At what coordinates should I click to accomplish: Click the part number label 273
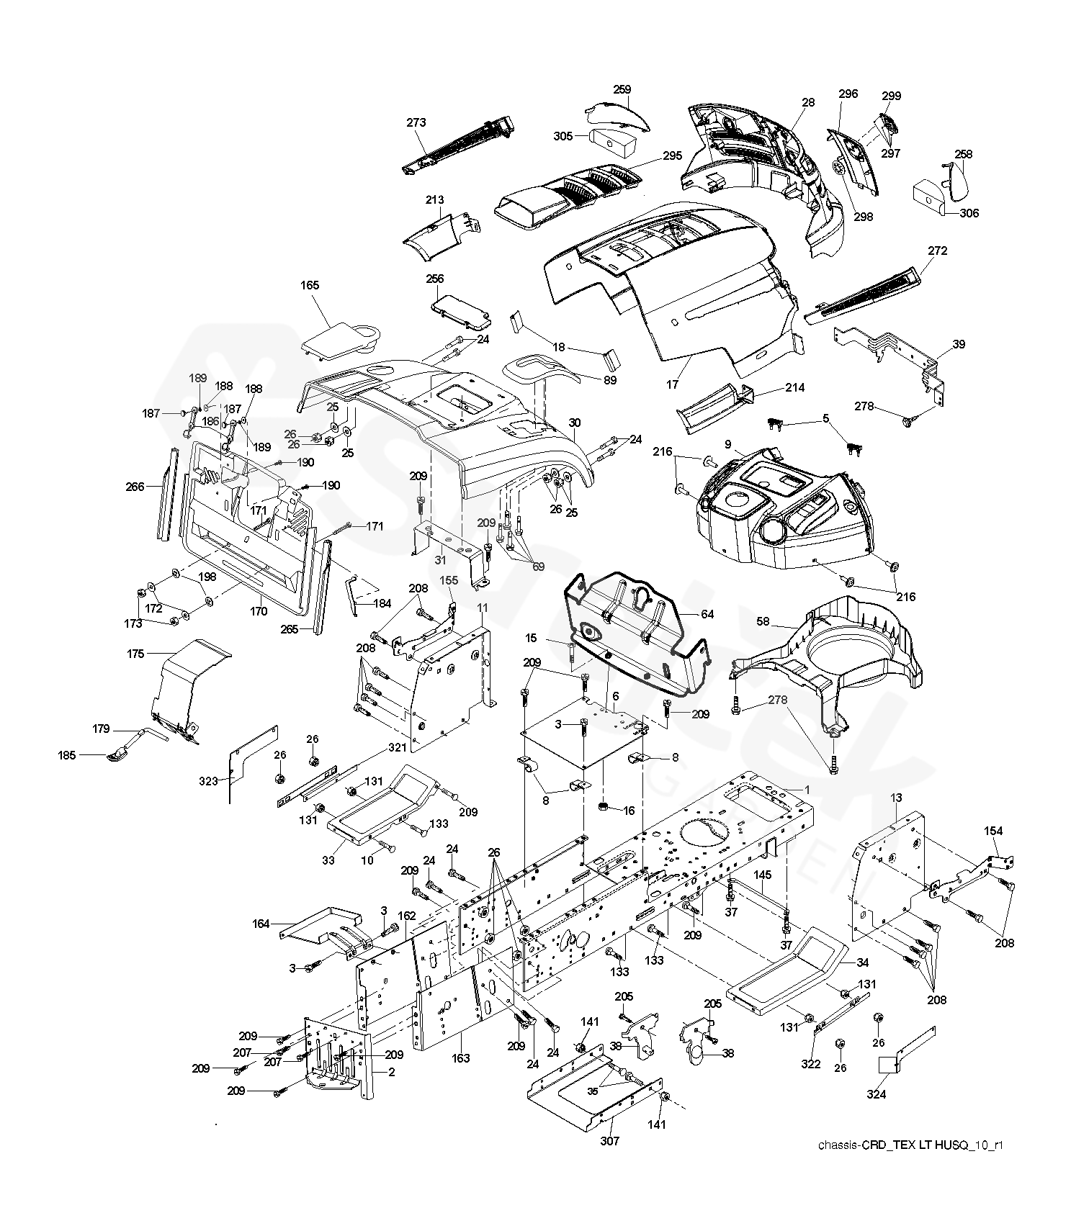click(x=416, y=122)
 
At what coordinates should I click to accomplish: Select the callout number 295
click(x=672, y=156)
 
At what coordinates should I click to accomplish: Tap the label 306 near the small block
click(x=969, y=213)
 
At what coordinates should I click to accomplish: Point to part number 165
click(x=310, y=286)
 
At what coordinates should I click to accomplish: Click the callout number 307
click(x=610, y=1140)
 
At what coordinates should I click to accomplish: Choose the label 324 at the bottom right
click(x=877, y=1095)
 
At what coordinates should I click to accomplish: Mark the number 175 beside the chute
click(x=135, y=654)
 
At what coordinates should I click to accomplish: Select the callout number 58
click(x=763, y=621)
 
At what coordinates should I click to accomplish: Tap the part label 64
click(x=707, y=614)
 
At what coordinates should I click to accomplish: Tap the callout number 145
click(x=763, y=875)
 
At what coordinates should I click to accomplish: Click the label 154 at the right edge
click(x=993, y=831)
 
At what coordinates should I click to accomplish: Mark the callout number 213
click(x=434, y=199)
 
